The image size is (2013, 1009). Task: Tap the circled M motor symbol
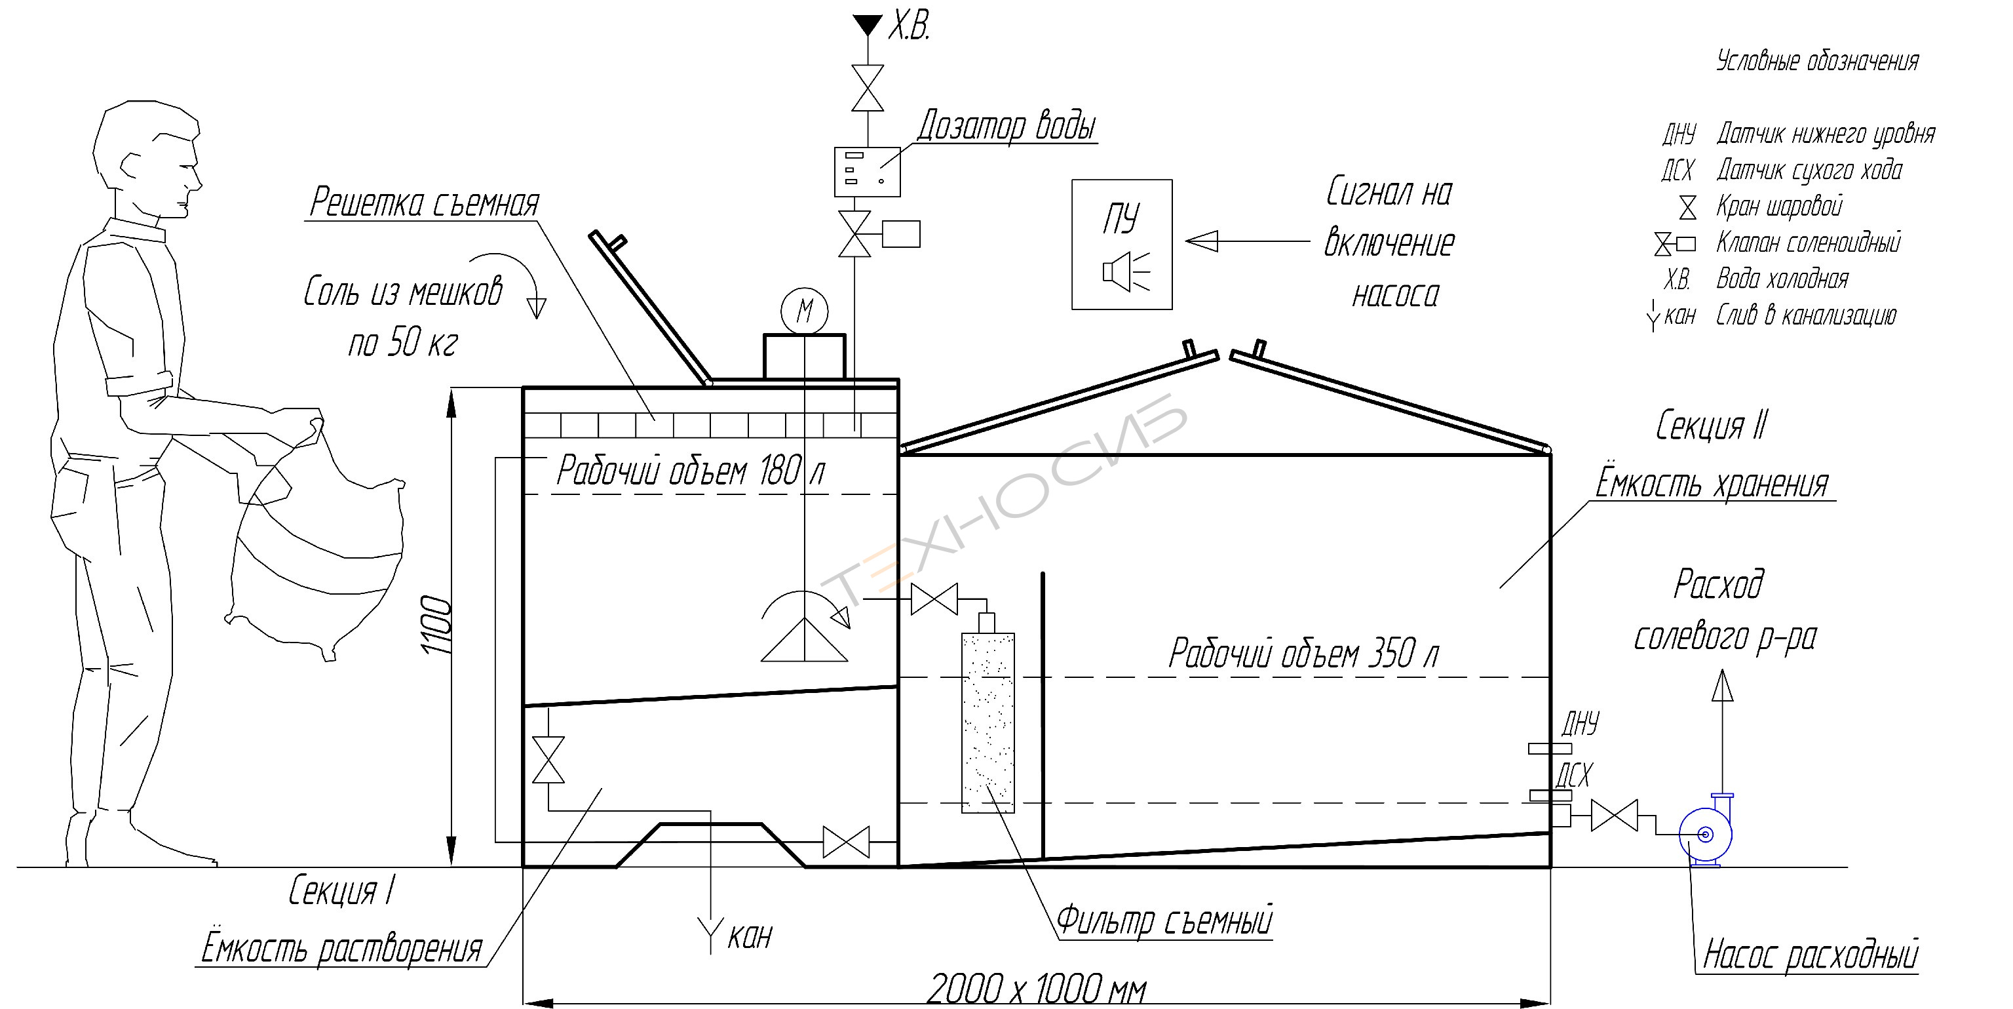tap(804, 310)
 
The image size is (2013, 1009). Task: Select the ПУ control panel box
tap(1121, 245)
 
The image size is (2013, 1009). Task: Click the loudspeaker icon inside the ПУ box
tap(1125, 271)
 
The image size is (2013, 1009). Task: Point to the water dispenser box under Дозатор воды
tap(868, 171)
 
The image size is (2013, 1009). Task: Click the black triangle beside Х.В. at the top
tap(867, 25)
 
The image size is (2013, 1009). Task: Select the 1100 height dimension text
tap(436, 625)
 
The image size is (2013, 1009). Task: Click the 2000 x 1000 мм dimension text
tap(1036, 989)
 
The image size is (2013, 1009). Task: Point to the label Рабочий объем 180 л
tap(690, 471)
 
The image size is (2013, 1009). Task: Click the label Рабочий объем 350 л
tap(1303, 654)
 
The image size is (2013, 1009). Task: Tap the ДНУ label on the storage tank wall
tap(1580, 724)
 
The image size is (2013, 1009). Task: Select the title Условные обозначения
tap(1817, 61)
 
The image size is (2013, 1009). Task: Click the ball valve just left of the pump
tap(1615, 815)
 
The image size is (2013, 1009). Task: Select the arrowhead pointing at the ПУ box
tap(1202, 241)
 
